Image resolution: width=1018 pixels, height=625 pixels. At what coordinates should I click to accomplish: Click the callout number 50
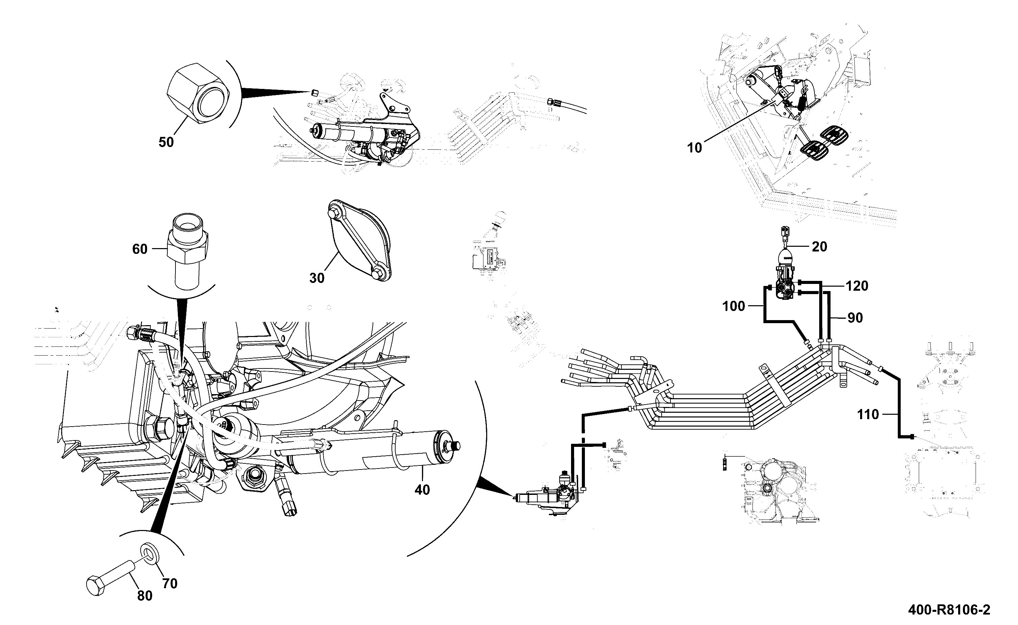[x=166, y=142]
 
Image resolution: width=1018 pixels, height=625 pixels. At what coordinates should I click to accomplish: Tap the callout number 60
[x=140, y=249]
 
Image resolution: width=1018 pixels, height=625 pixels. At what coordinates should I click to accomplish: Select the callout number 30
[x=317, y=278]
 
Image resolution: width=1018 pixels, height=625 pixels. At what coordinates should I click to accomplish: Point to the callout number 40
[x=422, y=490]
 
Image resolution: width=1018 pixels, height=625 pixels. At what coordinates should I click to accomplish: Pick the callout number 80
[x=145, y=596]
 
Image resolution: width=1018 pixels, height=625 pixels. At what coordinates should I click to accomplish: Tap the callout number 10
[x=694, y=148]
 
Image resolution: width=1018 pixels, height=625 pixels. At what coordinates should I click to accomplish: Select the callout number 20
[x=820, y=247]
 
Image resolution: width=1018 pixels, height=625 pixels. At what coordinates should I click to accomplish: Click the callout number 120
[x=857, y=286]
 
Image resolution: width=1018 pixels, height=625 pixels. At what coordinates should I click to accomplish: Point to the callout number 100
[x=734, y=306]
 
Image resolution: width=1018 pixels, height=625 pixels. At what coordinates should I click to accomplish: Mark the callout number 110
[x=868, y=415]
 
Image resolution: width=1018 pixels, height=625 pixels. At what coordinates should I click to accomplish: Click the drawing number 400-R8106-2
[x=949, y=610]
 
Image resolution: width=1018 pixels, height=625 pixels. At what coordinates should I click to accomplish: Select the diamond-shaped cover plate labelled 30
[x=359, y=241]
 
